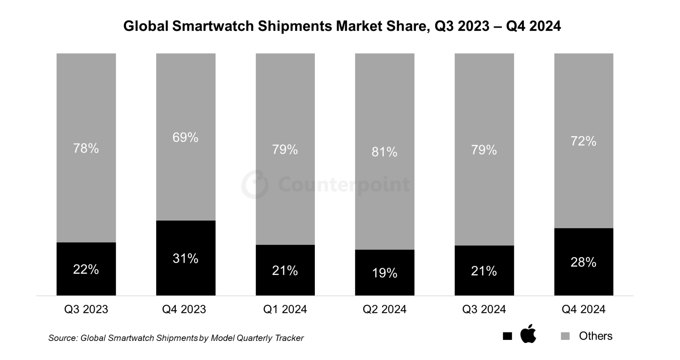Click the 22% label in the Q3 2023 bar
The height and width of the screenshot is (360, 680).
click(86, 269)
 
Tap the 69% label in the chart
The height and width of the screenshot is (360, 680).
click(185, 137)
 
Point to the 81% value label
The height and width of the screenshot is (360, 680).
click(384, 152)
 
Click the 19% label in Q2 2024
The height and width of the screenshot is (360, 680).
click(384, 273)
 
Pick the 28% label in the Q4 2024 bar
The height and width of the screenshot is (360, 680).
click(583, 262)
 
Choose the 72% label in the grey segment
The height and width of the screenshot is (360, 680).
click(583, 141)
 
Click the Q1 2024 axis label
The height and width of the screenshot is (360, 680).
click(285, 309)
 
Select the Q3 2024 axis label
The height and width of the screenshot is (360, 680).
click(484, 309)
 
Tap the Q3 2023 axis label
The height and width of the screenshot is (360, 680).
click(86, 309)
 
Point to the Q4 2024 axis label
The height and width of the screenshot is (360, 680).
click(583, 309)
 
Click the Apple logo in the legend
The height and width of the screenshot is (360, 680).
click(528, 334)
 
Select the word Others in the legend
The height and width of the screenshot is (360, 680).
click(595, 336)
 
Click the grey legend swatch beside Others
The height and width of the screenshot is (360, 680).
click(565, 336)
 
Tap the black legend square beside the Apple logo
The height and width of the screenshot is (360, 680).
click(507, 336)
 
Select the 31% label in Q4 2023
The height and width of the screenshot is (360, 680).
click(185, 258)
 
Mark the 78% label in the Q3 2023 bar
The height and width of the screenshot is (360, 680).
click(86, 148)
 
